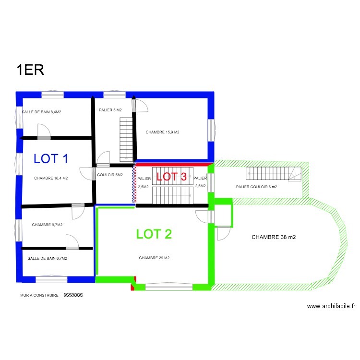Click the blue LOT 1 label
(x=51, y=159)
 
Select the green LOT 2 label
(x=154, y=234)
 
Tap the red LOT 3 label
(x=171, y=176)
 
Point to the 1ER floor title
(x=30, y=70)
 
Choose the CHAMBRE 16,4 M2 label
(x=51, y=178)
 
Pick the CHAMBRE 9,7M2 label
(x=48, y=225)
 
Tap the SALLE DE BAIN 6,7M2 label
(x=47, y=258)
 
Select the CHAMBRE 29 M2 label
(x=154, y=258)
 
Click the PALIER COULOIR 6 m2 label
(x=256, y=187)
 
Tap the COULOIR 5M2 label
(x=110, y=175)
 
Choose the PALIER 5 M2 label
(x=110, y=110)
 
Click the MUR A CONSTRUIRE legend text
(x=39, y=295)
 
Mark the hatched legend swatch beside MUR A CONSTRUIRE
(x=73, y=295)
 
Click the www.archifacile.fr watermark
(x=331, y=306)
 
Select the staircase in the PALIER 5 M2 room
(x=126, y=140)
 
